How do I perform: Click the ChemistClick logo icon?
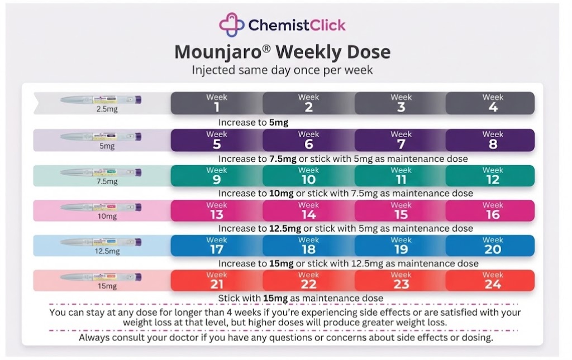tap(232, 24)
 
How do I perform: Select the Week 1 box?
tap(217, 103)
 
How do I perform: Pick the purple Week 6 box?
tap(308, 140)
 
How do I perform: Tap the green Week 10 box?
tap(308, 176)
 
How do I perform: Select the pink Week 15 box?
tap(401, 210)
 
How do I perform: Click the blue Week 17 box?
tap(217, 246)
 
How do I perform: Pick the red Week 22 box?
tap(308, 281)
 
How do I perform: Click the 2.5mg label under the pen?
tap(107, 110)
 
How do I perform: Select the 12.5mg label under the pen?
tap(107, 251)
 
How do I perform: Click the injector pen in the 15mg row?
tap(101, 277)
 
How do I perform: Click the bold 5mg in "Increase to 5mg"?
tap(278, 122)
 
